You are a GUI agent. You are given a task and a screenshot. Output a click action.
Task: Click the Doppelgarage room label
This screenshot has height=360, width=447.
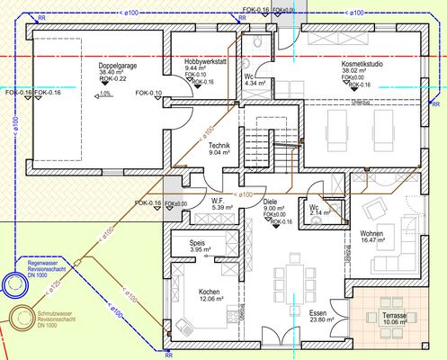pos(118,66)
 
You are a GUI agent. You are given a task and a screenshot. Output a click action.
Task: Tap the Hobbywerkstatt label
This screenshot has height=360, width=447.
pos(204,60)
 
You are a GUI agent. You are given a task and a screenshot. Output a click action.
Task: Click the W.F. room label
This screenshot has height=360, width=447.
pos(217,201)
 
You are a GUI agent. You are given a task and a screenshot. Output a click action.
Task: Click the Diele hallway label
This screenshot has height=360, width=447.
pos(270,202)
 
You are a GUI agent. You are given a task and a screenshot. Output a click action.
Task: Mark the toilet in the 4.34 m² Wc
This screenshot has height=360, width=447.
pos(257,45)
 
